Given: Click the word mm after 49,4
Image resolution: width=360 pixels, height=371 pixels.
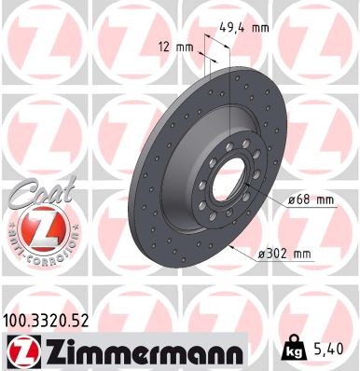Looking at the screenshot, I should pos(260,28).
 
